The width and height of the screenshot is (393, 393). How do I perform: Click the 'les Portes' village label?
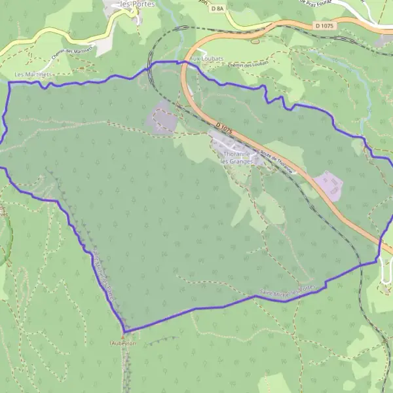point(125,4)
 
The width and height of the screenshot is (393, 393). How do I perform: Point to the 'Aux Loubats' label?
point(206,58)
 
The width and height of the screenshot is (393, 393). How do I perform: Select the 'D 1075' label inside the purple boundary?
point(223,126)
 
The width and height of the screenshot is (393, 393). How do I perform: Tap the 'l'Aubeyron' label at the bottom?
point(122,343)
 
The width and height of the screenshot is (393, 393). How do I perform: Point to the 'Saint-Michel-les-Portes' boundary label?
point(288,291)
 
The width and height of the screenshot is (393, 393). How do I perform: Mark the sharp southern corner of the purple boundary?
point(124,330)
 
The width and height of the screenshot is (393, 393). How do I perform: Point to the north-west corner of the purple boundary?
point(9,83)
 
